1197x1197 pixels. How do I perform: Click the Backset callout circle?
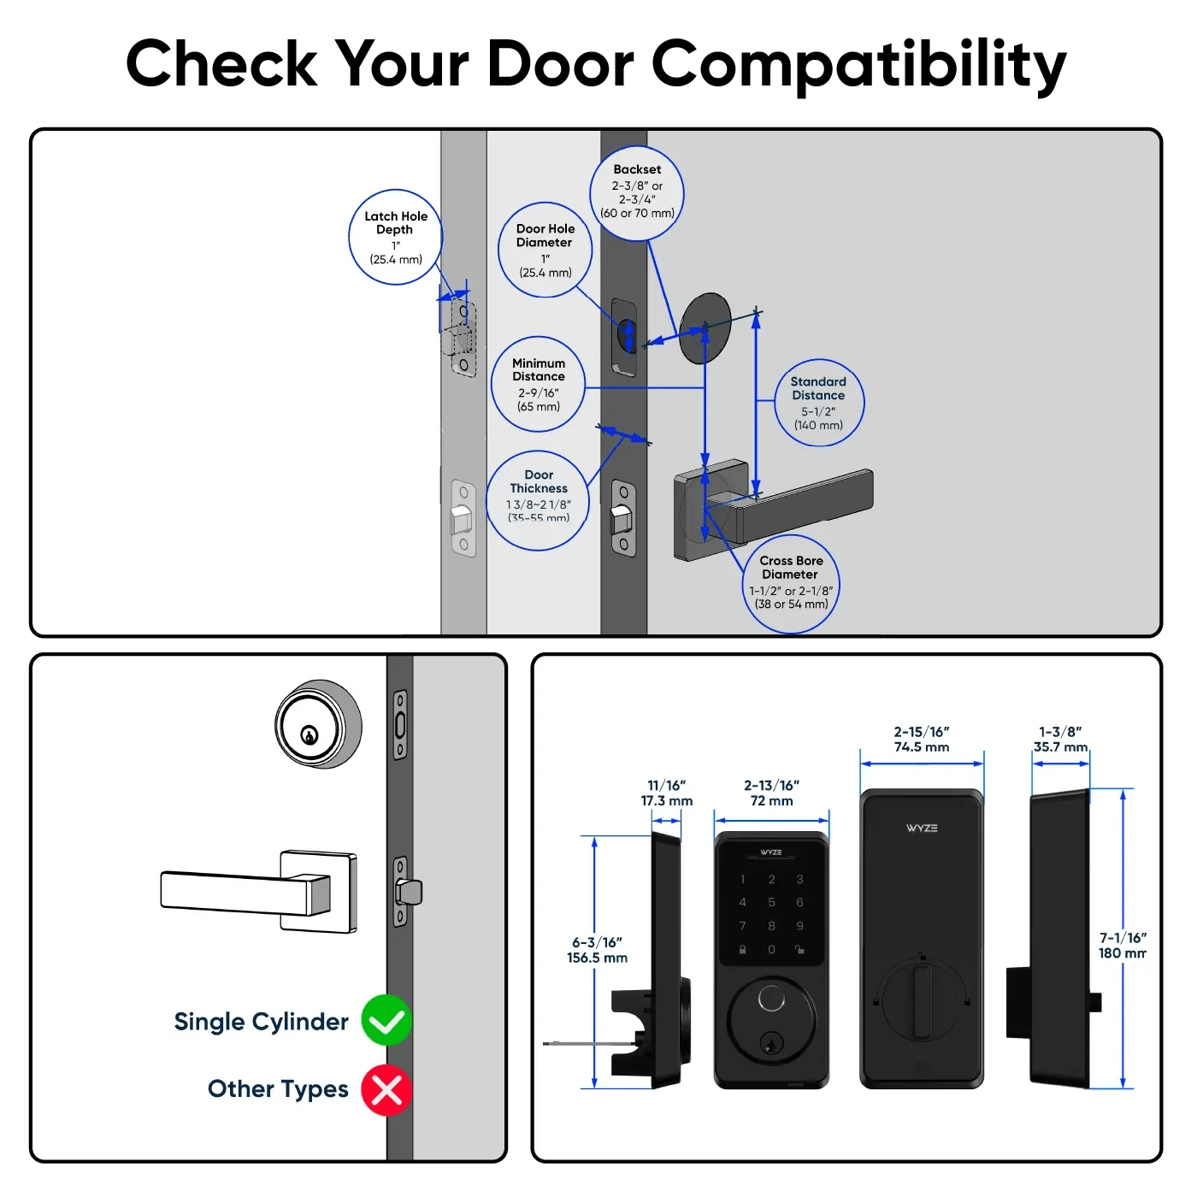[637, 192]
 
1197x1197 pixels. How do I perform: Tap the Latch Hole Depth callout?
[396, 237]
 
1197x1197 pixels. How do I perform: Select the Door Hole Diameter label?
[545, 250]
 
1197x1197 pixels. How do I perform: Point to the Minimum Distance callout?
[539, 384]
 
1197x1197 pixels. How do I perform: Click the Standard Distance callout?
[818, 403]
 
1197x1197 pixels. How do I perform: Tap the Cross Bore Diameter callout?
[791, 584]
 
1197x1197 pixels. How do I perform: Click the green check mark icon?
[386, 1020]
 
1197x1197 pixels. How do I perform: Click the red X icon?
[386, 1090]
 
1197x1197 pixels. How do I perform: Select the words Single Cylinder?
[261, 1022]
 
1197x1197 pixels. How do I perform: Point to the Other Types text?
[278, 1088]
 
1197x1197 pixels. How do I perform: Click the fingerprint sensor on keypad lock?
[771, 999]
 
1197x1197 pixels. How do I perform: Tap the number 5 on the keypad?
[771, 902]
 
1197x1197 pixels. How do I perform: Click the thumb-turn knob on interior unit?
[921, 1000]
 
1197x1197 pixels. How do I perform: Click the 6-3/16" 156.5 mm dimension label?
[597, 950]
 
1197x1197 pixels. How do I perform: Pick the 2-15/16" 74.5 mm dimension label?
[922, 740]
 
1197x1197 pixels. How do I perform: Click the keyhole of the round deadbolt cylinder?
[310, 734]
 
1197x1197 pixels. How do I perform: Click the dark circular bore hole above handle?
[705, 328]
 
